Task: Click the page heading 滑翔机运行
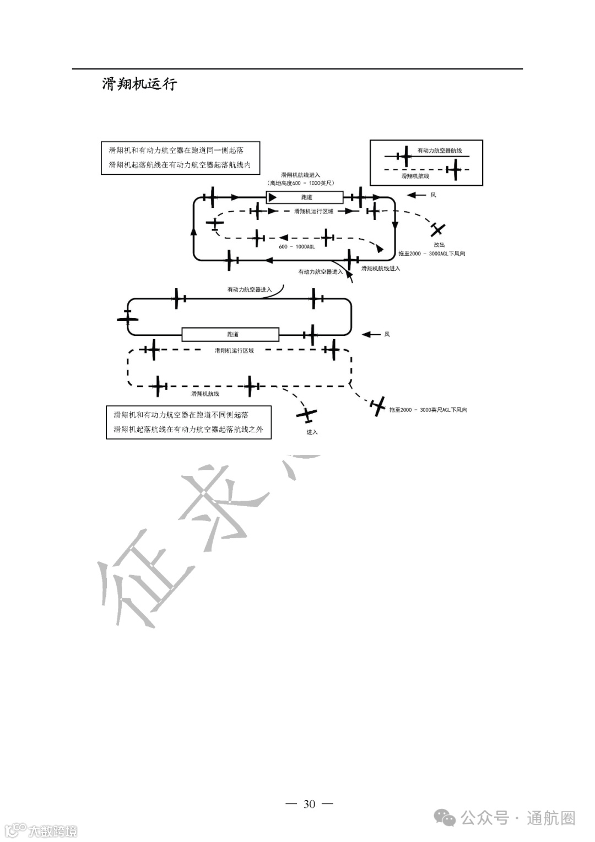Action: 139,84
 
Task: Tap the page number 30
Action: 310,803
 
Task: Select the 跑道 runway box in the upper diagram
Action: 305,197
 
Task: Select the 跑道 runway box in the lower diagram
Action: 231,334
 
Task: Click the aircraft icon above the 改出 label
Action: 438,229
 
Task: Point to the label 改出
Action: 439,244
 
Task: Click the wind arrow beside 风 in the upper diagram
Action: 416,195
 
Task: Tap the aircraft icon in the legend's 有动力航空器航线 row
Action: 405,156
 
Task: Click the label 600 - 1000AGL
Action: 296,246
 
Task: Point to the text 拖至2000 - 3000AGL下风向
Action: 432,254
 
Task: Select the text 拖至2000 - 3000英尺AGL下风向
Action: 428,410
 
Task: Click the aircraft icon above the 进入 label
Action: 306,414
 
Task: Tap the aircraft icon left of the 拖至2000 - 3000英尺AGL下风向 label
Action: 378,407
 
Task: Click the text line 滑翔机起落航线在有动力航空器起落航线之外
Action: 188,430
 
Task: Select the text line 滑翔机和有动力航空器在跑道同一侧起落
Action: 176,150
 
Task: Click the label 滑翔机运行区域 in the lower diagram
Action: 234,350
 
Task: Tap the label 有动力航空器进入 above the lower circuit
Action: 250,289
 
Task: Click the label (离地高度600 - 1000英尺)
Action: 300,183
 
